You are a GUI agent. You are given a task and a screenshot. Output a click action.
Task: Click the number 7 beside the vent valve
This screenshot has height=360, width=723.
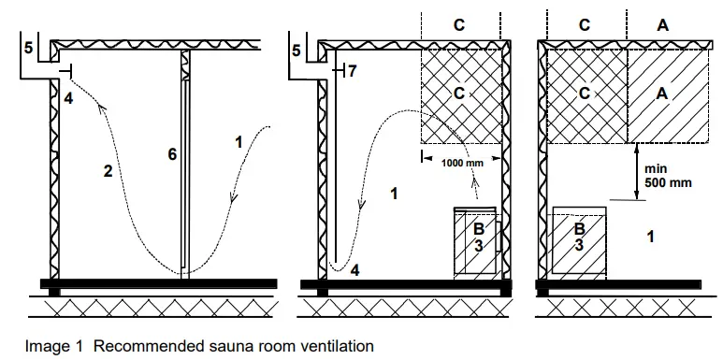[x=353, y=71]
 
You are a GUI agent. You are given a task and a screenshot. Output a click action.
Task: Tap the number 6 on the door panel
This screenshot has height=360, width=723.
[x=172, y=154]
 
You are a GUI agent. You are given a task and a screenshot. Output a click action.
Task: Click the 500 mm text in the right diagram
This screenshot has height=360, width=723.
[x=672, y=183]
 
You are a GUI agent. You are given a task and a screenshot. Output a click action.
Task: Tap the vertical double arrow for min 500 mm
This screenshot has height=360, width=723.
[x=636, y=170]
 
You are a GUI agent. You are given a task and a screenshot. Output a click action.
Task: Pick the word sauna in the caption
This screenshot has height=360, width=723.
[x=222, y=346]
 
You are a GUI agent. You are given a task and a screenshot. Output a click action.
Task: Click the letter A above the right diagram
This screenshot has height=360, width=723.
[x=662, y=26]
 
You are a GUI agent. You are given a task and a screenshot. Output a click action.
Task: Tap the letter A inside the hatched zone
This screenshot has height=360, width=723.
[x=662, y=94]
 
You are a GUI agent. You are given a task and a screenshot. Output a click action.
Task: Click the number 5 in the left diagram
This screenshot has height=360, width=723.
[x=29, y=48]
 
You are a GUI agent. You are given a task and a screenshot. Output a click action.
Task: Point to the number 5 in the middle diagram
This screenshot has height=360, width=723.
[x=296, y=51]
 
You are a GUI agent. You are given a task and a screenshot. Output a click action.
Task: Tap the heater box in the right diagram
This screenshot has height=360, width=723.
[x=580, y=239]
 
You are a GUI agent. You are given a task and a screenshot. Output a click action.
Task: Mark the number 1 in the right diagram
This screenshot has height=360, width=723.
[x=651, y=238]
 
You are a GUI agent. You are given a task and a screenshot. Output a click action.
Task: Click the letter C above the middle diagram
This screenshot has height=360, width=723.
[x=459, y=26]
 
